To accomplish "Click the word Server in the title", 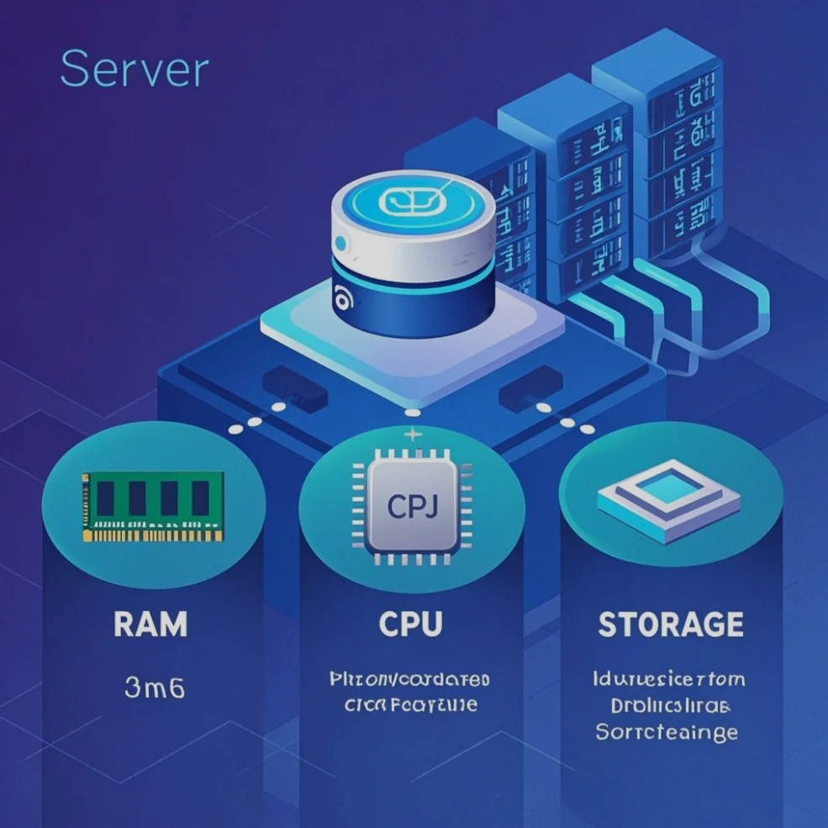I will pos(134,70).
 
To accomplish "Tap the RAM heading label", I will pos(151,624).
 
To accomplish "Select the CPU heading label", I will pos(411,624).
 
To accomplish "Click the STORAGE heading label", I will pos(671,624).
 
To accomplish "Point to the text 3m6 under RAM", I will pos(154,688).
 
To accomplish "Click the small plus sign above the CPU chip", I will pos(412,435).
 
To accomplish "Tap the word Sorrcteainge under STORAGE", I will pos(667,731).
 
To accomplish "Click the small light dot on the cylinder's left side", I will pos(340,243).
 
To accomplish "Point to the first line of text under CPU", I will pos(409,678).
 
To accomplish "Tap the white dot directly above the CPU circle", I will pos(412,413).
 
